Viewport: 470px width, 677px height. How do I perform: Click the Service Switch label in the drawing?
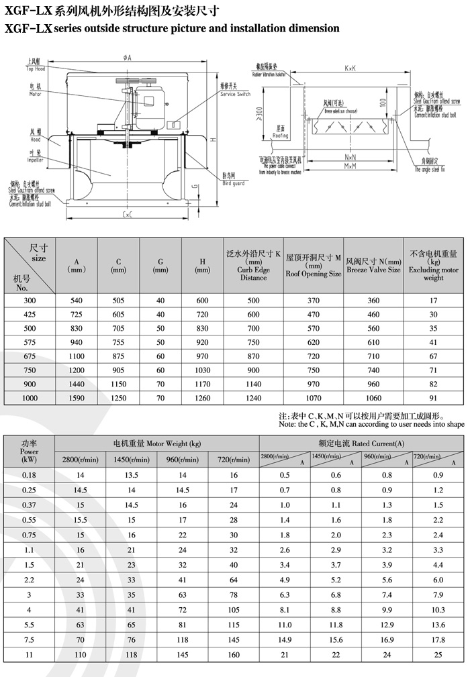(x=234, y=95)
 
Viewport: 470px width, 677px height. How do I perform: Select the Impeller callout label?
(x=35, y=160)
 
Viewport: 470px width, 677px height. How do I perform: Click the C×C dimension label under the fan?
(x=127, y=214)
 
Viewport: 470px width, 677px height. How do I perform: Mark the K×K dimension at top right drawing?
(x=350, y=68)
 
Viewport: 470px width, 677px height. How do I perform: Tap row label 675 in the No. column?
(x=30, y=357)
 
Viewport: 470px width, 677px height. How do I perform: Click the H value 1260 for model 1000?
(x=202, y=398)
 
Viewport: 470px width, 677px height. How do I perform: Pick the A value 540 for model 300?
(x=77, y=301)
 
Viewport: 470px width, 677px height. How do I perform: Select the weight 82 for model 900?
(x=433, y=384)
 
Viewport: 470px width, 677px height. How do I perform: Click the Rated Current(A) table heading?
(x=361, y=444)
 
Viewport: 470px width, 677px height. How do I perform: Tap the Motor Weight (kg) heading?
(x=157, y=444)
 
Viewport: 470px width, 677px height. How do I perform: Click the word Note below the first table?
(x=287, y=425)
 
